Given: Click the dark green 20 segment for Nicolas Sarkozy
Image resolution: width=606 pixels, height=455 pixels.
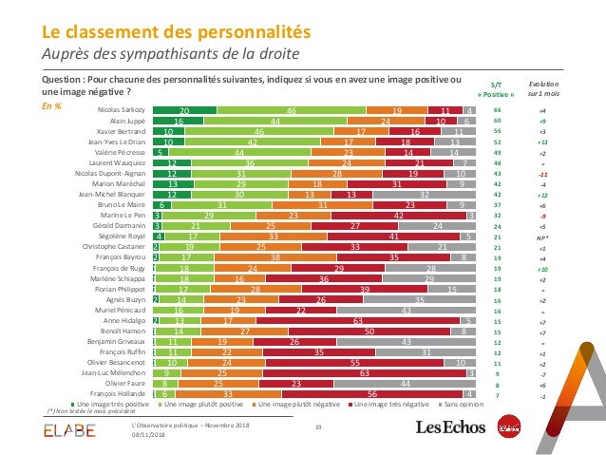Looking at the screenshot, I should click(x=184, y=111).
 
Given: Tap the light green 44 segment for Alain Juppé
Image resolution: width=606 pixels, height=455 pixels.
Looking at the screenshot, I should click(x=274, y=122).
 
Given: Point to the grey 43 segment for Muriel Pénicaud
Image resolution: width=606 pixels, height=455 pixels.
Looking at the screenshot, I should click(x=407, y=310).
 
